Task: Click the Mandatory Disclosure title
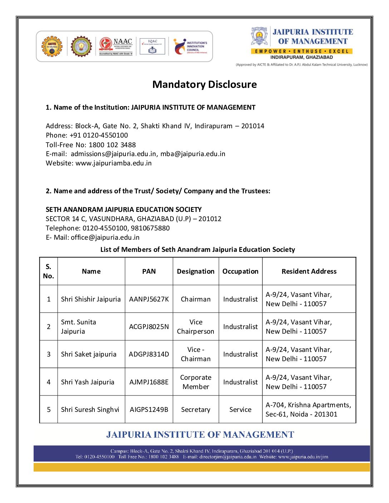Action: (x=205, y=85)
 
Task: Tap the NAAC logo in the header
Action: (x=116, y=46)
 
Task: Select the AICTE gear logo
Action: (x=52, y=46)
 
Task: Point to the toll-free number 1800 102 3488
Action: (x=112, y=145)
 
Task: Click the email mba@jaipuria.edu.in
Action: (x=193, y=154)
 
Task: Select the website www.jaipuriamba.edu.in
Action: (x=113, y=163)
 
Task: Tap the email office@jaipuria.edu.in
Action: (x=105, y=238)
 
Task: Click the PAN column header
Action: (x=149, y=272)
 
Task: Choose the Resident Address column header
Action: (x=309, y=272)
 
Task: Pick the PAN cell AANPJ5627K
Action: (x=149, y=299)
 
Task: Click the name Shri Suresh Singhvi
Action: (x=90, y=410)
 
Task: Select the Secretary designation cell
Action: (x=196, y=410)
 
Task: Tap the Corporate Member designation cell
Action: (x=196, y=382)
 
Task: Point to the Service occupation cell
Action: (x=240, y=410)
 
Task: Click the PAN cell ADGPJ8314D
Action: (x=149, y=354)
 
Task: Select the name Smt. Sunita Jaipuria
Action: (x=79, y=327)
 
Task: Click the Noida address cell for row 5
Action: (x=308, y=410)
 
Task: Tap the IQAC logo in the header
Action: (x=153, y=46)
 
